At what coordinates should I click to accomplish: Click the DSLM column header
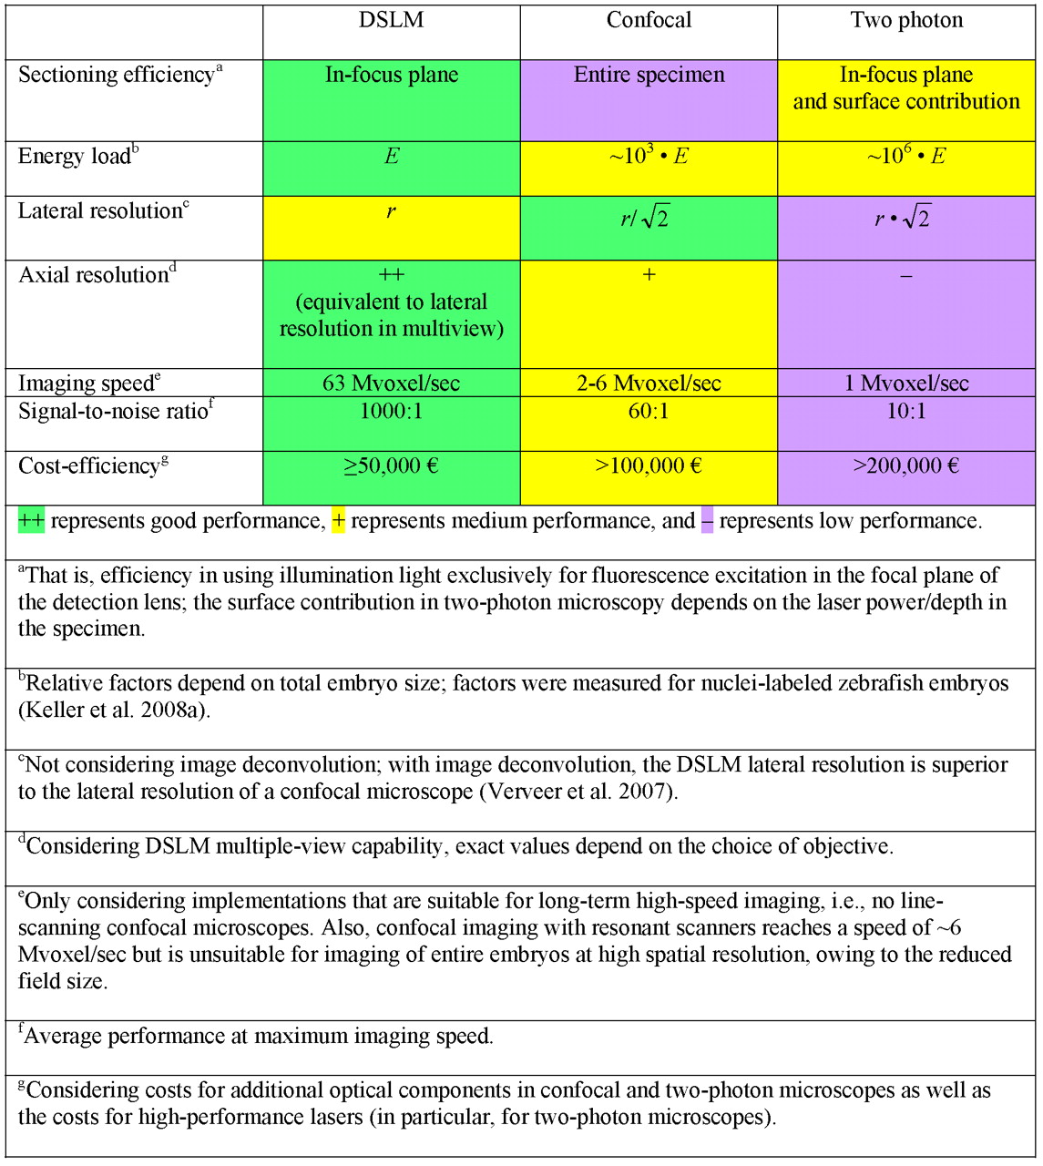(x=391, y=21)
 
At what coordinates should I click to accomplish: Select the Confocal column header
(x=649, y=21)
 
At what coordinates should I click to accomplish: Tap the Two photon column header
(x=906, y=21)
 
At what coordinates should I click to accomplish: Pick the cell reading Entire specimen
(x=649, y=75)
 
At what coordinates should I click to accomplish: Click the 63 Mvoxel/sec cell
(x=391, y=384)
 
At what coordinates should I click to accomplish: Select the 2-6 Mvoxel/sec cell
(x=649, y=384)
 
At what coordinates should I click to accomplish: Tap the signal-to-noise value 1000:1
(x=391, y=412)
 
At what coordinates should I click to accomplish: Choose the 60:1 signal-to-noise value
(x=649, y=412)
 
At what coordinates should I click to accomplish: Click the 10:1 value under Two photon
(x=906, y=412)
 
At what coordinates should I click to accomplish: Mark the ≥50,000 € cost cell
(x=391, y=466)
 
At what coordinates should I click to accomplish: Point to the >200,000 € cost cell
(x=906, y=466)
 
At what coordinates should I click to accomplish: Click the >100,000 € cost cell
(x=649, y=466)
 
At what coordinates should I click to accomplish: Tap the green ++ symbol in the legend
(x=31, y=521)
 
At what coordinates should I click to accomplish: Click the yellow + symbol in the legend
(x=338, y=521)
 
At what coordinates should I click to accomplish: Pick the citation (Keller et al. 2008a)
(x=114, y=710)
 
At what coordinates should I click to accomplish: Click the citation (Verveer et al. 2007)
(x=578, y=792)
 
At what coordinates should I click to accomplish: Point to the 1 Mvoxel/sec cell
(x=906, y=384)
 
